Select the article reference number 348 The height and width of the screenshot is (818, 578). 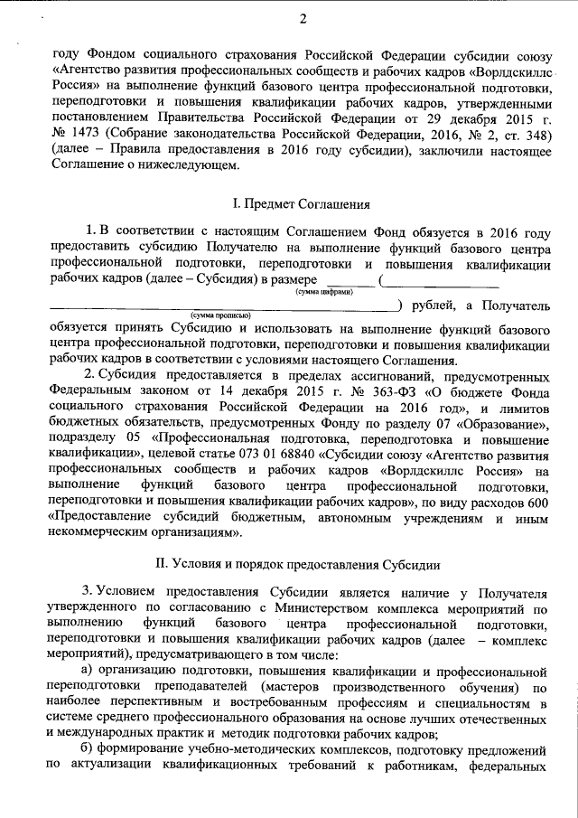530,134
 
